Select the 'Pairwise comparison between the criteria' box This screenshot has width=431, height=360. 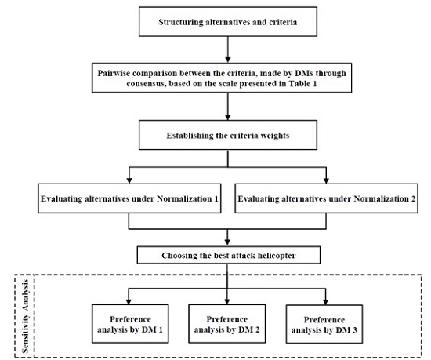click(227, 78)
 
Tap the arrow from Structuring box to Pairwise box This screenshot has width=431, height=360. click(227, 49)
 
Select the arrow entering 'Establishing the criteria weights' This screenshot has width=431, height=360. click(227, 110)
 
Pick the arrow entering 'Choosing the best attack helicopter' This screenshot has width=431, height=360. click(227, 238)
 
